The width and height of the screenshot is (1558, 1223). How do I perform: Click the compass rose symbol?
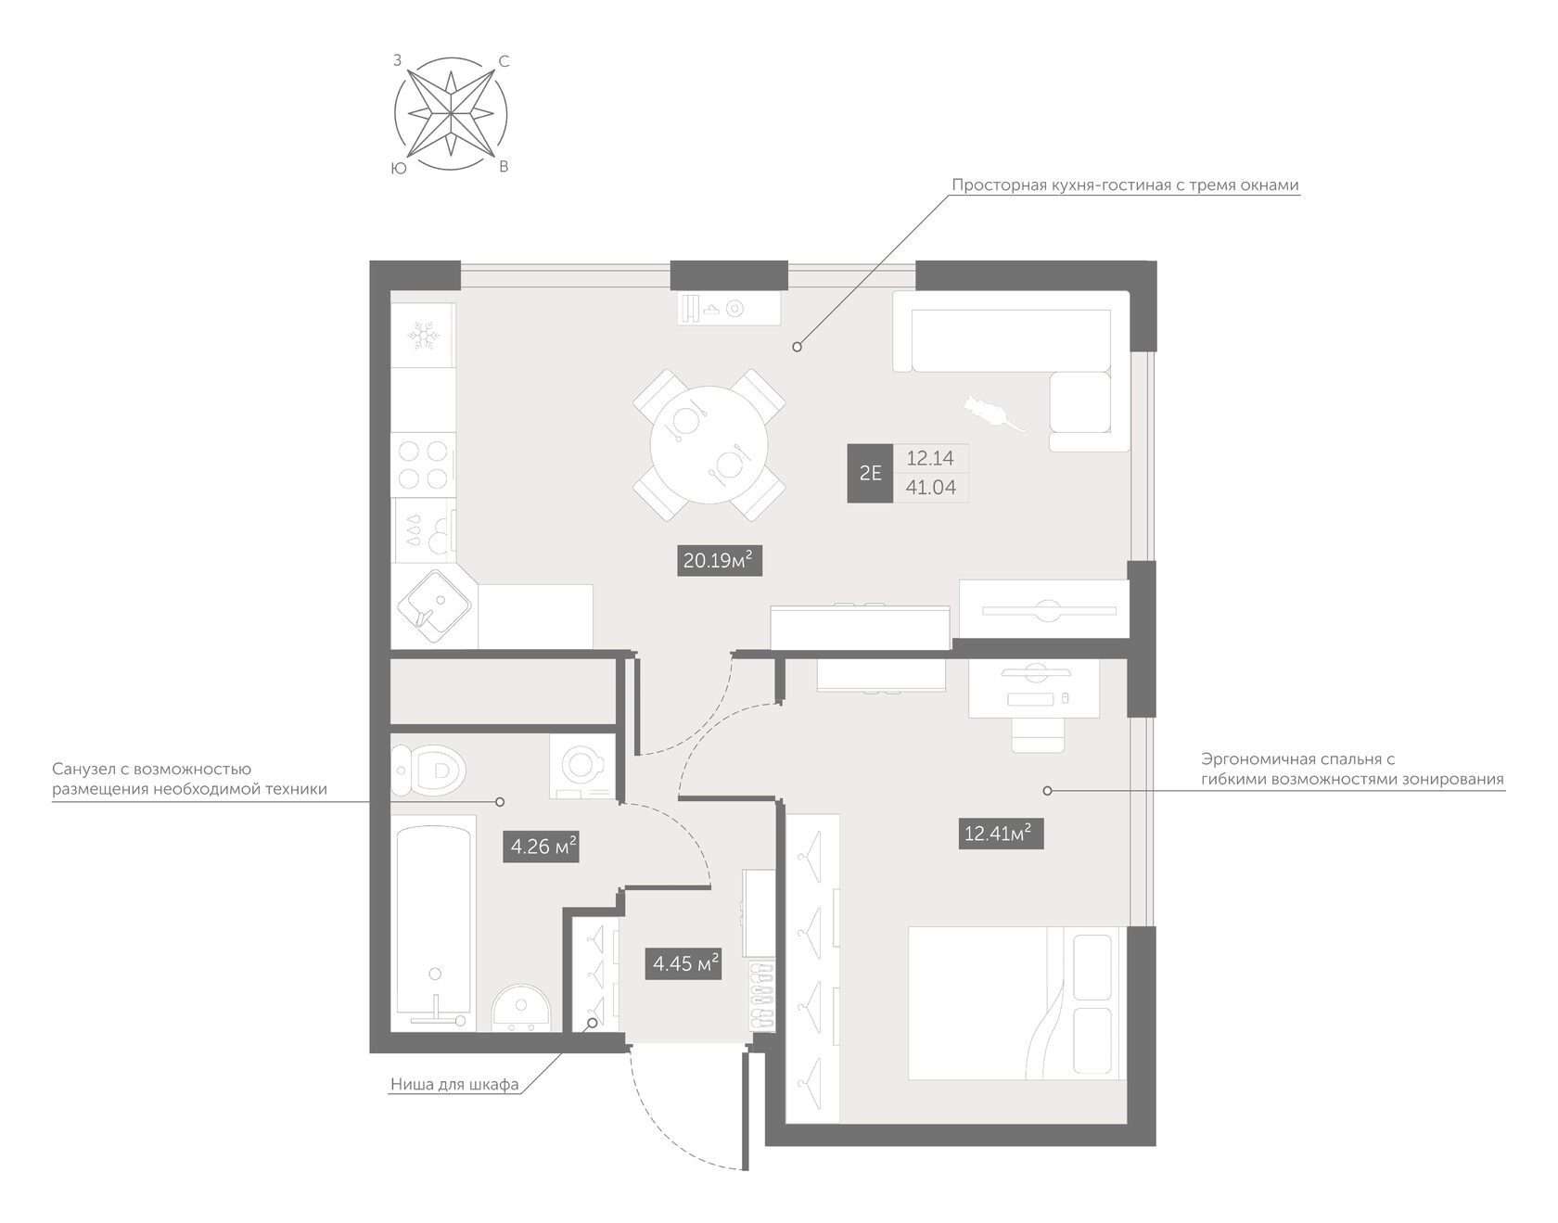pos(451,114)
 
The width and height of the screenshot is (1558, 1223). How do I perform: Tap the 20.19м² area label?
pos(721,560)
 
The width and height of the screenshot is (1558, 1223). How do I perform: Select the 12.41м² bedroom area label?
pos(1002,833)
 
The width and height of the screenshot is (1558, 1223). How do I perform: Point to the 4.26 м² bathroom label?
pos(542,846)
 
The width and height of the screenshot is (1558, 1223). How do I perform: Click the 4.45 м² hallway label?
pos(683,963)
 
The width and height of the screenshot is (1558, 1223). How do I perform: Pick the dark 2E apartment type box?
pos(870,473)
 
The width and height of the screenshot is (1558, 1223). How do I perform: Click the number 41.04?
pos(930,488)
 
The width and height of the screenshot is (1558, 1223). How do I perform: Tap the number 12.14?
pos(930,458)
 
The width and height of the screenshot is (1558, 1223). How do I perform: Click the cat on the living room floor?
pos(990,413)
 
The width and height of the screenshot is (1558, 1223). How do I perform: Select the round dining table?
pos(709,445)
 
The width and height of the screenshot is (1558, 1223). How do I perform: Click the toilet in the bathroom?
pos(428,770)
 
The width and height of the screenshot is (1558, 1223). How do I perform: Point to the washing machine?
pos(582,766)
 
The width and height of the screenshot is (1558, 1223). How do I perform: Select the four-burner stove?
pos(423,465)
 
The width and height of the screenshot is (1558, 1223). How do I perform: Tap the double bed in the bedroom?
pos(1017,1002)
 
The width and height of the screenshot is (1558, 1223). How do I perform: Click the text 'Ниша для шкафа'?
pos(454,1084)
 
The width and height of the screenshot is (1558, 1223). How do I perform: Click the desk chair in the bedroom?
pos(1038,733)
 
